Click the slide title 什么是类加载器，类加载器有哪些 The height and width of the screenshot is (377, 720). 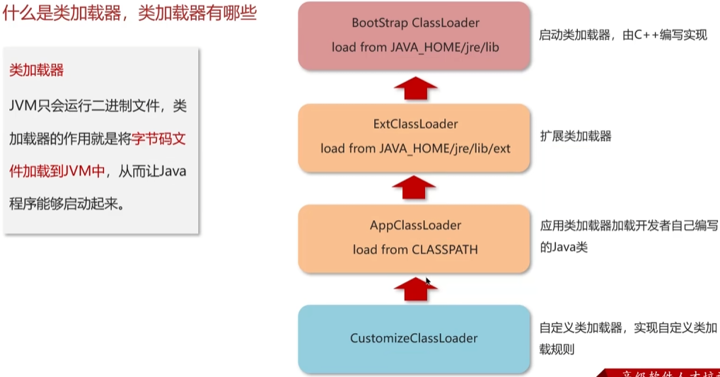(x=130, y=13)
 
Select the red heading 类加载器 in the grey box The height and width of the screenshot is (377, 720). (x=37, y=70)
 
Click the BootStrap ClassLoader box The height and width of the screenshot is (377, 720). (x=415, y=35)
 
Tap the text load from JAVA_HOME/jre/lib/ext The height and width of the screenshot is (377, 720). (x=415, y=149)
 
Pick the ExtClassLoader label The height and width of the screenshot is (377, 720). (x=415, y=124)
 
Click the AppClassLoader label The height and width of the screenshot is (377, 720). (x=415, y=226)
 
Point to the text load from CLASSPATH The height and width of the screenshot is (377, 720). (x=415, y=250)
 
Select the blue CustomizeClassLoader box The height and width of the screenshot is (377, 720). (x=414, y=339)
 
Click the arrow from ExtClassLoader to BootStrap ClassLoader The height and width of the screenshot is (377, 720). (x=414, y=88)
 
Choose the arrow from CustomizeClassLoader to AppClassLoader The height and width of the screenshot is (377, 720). (x=414, y=289)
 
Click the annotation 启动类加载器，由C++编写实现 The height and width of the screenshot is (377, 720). (x=622, y=35)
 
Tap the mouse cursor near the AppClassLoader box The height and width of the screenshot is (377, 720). (x=428, y=281)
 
